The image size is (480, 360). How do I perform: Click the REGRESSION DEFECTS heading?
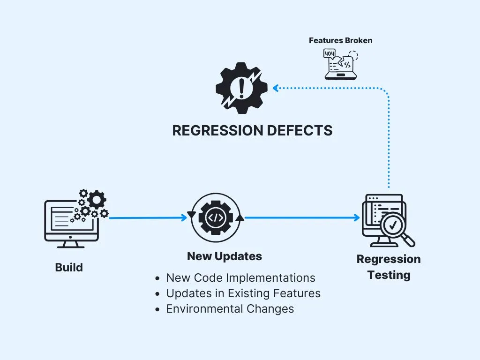coord(252,130)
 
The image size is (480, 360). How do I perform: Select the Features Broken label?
coord(340,40)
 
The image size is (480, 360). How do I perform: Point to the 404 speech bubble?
coord(330,54)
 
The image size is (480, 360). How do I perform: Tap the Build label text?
coord(69,268)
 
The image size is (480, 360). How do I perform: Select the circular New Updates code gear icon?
coord(216,217)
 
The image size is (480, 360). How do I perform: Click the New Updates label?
coord(224,256)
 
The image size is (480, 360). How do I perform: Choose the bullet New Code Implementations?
coord(240,277)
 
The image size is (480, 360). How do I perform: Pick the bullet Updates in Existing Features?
coord(243,293)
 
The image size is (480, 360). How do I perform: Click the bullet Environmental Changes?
coord(230,309)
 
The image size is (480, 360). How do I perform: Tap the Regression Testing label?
coord(389,267)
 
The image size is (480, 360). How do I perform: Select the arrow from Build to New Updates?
coord(148,217)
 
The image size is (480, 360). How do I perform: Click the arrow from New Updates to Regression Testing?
coord(302,217)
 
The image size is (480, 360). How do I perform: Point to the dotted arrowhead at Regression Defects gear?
coord(276,88)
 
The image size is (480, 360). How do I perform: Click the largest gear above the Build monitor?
coord(97,199)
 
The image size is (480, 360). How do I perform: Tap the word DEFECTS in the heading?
coord(297,130)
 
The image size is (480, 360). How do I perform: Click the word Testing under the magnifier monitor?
coord(389,275)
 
